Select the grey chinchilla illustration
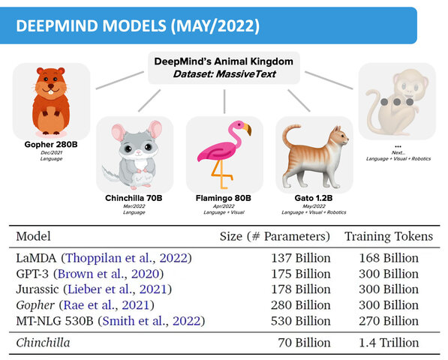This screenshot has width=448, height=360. [134, 154]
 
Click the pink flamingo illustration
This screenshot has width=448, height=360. [223, 154]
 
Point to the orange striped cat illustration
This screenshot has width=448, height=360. [314, 153]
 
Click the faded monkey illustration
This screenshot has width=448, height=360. [395, 100]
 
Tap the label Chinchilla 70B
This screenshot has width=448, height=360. [134, 198]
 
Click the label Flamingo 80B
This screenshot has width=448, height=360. [224, 198]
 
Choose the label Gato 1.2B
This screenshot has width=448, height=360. [314, 198]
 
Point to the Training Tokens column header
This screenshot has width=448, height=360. [388, 236]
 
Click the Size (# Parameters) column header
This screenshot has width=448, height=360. [275, 236]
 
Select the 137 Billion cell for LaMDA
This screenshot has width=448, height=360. [299, 258]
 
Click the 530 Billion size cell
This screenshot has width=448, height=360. [299, 321]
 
